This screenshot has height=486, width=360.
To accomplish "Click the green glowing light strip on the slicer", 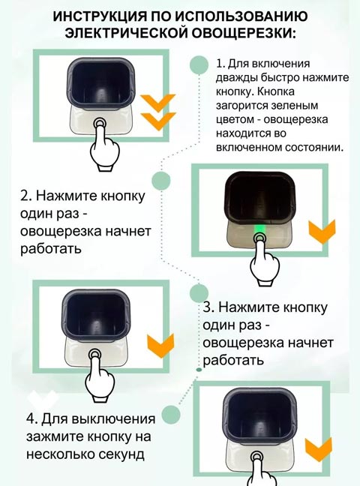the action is tap(259, 231).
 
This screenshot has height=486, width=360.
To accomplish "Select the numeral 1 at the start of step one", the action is tap(220, 64).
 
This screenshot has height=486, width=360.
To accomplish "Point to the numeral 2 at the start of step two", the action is tap(25, 196).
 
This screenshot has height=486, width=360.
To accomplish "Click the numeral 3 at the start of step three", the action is tap(208, 307).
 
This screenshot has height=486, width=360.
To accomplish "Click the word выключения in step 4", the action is tap(113, 419).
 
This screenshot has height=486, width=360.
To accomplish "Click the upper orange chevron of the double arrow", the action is tap(158, 103).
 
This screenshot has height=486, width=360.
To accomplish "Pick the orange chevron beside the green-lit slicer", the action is tap(322, 231).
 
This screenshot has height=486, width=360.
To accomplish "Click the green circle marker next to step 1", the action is tap(199, 65).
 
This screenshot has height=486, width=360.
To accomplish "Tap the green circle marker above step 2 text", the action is tap(161, 180).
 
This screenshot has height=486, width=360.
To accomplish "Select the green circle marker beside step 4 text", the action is tap(171, 414).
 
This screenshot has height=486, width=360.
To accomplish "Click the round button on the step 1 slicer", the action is tap(100, 123).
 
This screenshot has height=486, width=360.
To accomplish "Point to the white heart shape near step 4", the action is tap(43, 397).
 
